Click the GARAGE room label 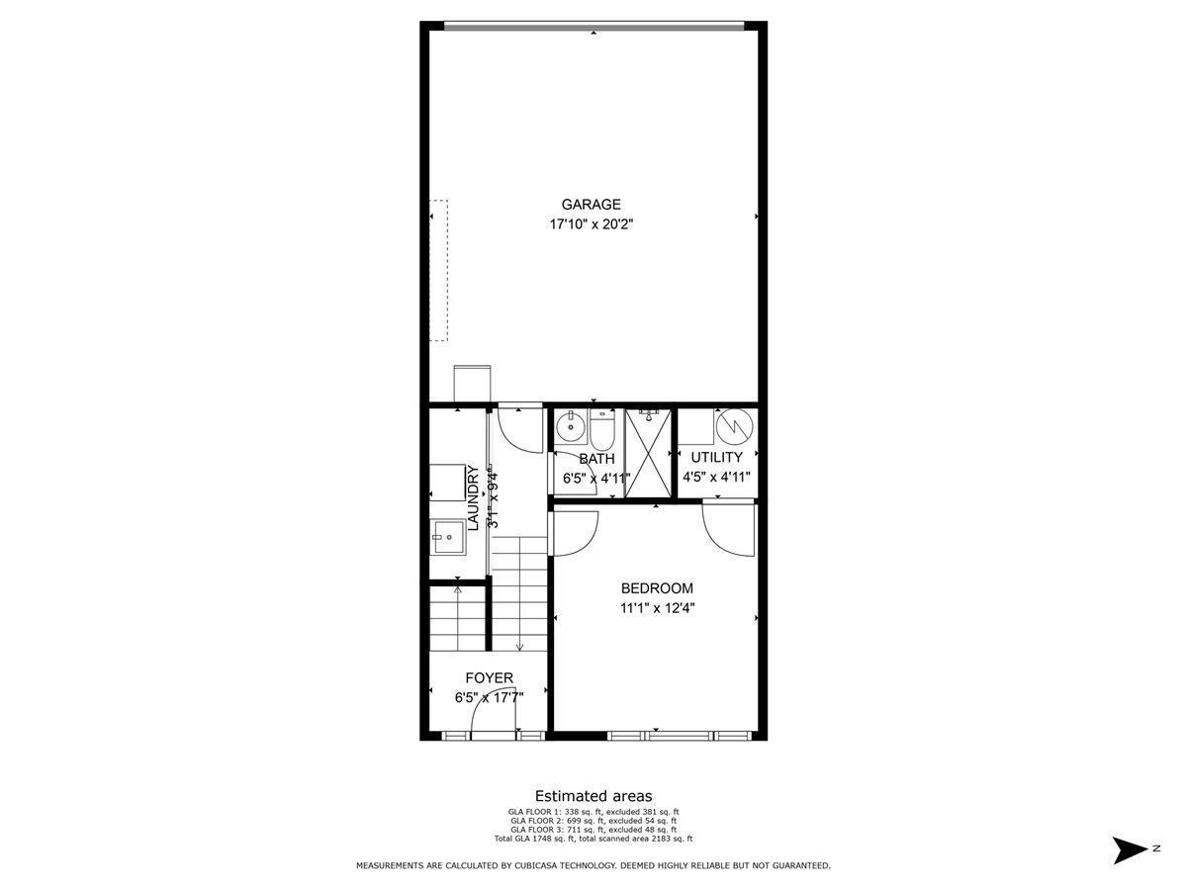[x=592, y=205]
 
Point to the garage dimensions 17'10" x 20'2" [x=592, y=224]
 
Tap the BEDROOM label [x=657, y=588]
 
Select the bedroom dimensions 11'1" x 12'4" [x=657, y=609]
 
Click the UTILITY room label [x=716, y=458]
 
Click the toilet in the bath [x=602, y=430]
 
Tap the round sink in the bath [x=570, y=429]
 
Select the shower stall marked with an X [x=648, y=452]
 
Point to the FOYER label [x=490, y=678]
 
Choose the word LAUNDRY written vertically [x=473, y=498]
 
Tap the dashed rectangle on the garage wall [x=438, y=270]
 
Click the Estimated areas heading [x=593, y=795]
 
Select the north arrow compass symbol [x=1129, y=849]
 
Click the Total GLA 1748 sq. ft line [x=593, y=839]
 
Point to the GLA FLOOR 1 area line [x=593, y=812]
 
